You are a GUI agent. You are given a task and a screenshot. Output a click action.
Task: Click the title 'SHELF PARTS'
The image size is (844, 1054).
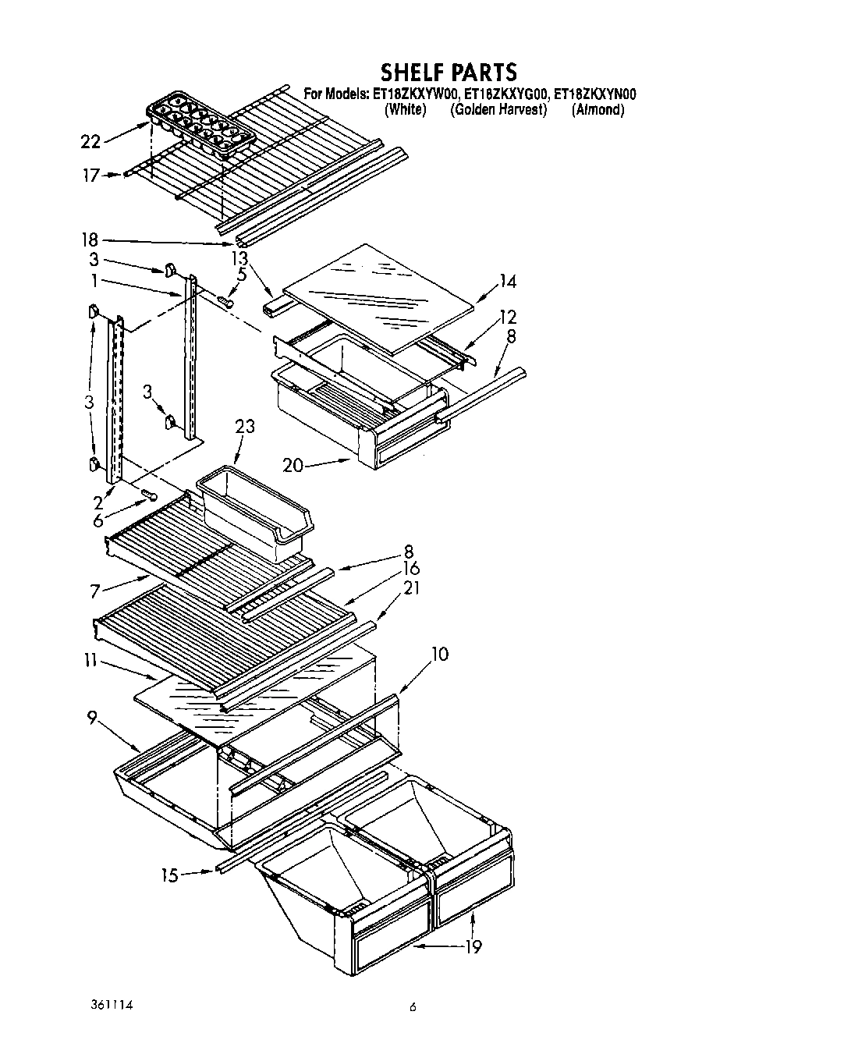coord(448,72)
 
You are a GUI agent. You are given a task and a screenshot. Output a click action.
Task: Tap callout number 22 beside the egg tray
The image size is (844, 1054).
coord(91,141)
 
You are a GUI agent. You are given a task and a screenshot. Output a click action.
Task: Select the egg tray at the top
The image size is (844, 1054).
coord(200,126)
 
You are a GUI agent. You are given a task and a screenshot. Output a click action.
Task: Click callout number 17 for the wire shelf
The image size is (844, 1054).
coord(91,176)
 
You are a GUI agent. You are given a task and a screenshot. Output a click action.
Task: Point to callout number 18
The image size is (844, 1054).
coord(91,240)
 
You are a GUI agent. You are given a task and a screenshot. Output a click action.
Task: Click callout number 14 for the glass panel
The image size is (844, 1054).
coord(508,282)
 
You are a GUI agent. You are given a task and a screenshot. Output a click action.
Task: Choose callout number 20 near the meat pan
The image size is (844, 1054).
coord(293,466)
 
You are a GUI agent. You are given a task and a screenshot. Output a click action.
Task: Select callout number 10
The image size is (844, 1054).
coord(439,654)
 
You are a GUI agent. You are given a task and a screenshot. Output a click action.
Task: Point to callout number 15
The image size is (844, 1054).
coord(171,875)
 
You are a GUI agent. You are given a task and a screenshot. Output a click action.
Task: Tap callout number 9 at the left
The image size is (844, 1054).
coord(92,718)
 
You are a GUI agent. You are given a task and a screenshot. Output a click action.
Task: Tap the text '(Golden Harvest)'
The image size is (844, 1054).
coord(498,110)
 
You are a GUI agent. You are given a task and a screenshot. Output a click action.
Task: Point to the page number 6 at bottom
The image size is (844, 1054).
coord(413,1007)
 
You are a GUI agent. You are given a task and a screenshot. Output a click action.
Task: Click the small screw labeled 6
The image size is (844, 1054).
coord(148,495)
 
